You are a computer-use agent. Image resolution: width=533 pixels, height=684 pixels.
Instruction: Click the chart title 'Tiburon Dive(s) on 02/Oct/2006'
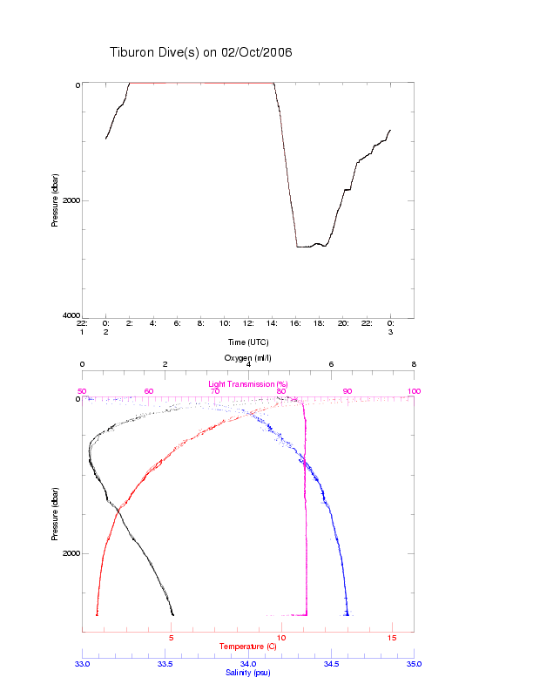[200, 52]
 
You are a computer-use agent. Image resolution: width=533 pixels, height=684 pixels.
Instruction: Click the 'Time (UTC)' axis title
[248, 342]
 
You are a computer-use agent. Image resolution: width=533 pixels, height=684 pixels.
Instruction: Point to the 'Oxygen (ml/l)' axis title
[248, 358]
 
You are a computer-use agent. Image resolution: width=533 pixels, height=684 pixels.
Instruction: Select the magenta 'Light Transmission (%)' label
[248, 383]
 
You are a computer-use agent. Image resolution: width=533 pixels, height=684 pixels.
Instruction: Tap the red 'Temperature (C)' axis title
[248, 646]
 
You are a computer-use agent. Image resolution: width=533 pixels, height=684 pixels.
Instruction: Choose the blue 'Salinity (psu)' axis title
[248, 672]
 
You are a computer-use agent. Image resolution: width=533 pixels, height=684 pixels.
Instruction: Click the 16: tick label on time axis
[296, 323]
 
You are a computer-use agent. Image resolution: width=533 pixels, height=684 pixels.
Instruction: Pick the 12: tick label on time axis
[248, 323]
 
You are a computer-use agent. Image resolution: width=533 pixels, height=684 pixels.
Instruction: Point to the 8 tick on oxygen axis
[414, 365]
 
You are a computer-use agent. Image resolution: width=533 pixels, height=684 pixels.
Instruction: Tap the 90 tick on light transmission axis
[347, 391]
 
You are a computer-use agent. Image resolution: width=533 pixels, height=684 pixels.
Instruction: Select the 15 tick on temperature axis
[392, 639]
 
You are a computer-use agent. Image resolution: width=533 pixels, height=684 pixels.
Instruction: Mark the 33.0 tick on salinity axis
[83, 664]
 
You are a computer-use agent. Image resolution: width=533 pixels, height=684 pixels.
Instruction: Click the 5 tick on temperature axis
[172, 639]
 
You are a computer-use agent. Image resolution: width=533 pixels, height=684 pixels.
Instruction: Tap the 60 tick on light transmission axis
[149, 391]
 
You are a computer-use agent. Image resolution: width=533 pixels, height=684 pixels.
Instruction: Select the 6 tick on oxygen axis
[331, 365]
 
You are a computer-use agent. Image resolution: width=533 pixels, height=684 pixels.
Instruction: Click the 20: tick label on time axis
[344, 323]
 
